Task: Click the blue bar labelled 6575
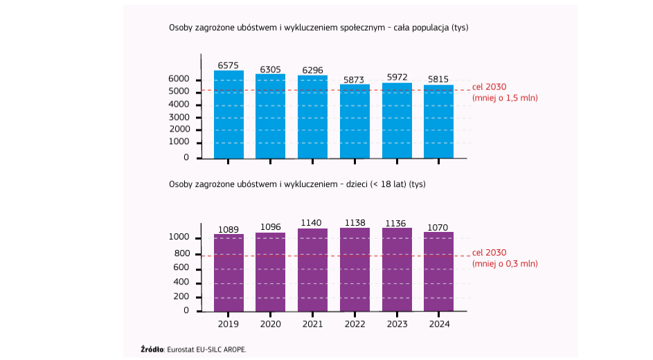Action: (229, 114)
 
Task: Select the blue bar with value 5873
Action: (355, 121)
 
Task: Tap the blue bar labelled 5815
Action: (439, 121)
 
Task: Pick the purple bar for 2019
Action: (229, 273)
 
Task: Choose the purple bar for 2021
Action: (312, 270)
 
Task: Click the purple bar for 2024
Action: (439, 271)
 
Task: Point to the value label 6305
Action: (271, 69)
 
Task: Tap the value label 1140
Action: (312, 222)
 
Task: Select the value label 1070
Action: (439, 226)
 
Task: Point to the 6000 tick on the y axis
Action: (179, 80)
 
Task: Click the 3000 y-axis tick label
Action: (179, 117)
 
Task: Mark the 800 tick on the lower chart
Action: (181, 253)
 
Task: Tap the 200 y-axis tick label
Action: (181, 296)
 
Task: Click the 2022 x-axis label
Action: (355, 323)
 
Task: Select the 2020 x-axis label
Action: (271, 323)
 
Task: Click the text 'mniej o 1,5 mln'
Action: (505, 98)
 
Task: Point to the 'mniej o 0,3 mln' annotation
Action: (505, 264)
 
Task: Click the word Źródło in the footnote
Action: (152, 350)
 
